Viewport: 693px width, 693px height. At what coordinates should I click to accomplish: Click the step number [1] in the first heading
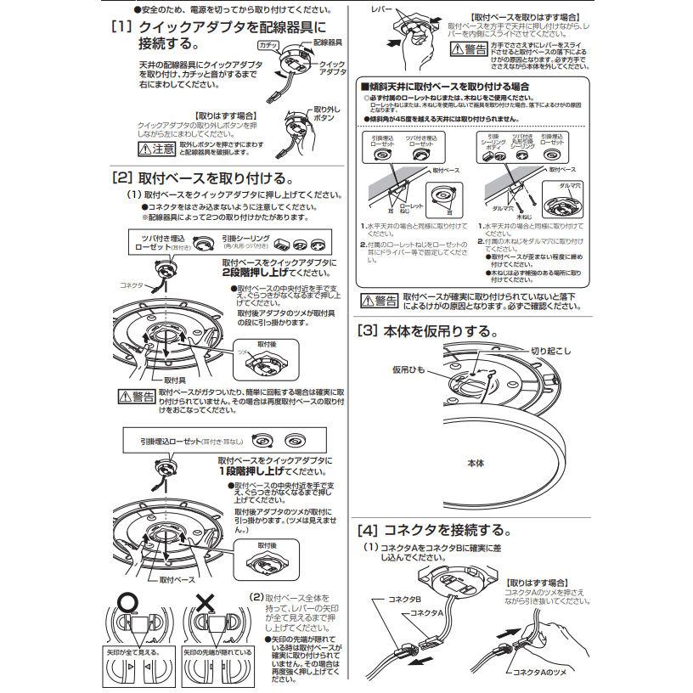122,26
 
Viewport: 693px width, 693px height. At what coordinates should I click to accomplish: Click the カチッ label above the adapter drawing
268,43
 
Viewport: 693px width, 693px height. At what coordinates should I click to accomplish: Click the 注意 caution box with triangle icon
156,149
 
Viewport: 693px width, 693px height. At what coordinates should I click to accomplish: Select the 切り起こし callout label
551,350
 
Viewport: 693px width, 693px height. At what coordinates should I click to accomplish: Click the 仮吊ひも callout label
408,370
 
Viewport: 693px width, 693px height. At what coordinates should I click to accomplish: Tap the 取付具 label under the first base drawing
175,380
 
